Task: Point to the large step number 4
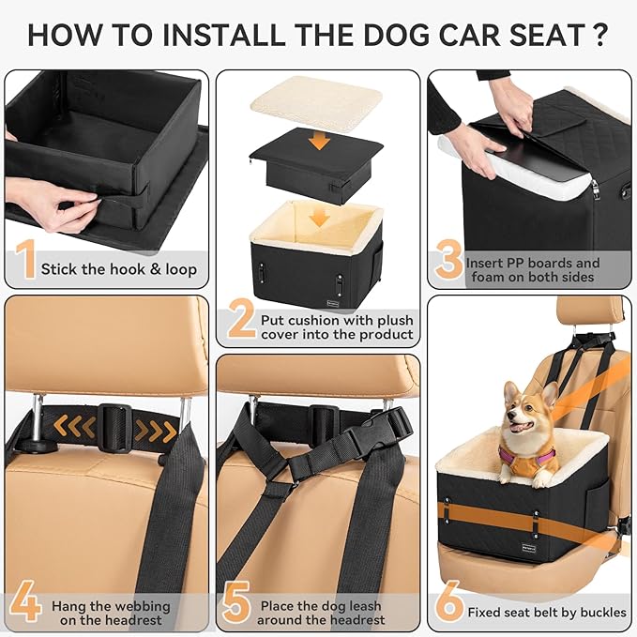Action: [25, 603]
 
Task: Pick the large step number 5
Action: [237, 604]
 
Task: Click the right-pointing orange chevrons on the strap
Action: [155, 431]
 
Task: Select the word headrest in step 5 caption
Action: [354, 619]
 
